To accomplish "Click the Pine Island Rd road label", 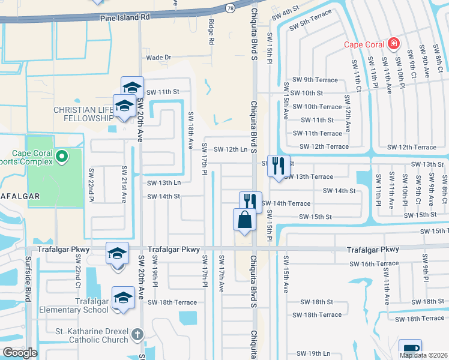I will point(125,18).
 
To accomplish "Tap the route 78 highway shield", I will point(231,8).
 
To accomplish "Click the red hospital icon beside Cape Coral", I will point(393,43).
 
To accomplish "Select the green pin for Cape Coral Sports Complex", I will point(61,157).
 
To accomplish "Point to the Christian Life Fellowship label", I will point(83,114).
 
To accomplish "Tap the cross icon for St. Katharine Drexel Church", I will point(137,334).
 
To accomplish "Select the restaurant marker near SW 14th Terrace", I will point(251,202).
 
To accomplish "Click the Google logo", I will point(20,353).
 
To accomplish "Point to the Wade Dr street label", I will point(158,58).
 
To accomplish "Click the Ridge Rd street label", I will point(211,33).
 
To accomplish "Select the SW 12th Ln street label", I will point(231,149).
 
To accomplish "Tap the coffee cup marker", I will point(411,350).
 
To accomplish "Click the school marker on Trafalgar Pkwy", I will point(117,253).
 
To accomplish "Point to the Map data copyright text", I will point(424,355).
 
